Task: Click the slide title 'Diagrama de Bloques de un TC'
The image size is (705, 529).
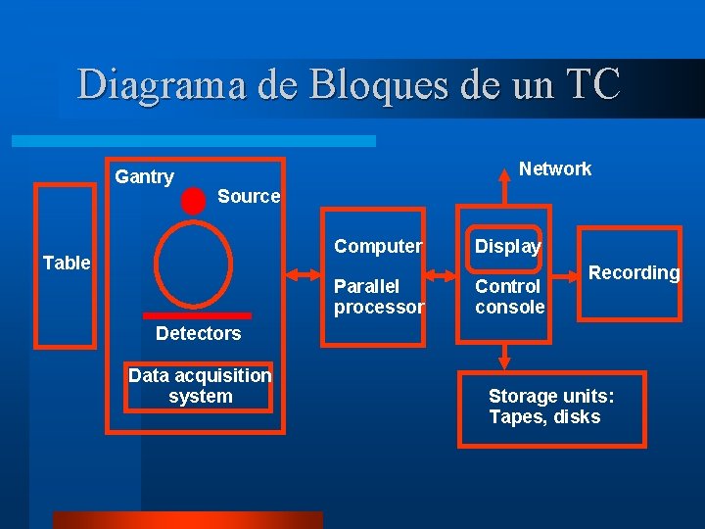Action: (349, 84)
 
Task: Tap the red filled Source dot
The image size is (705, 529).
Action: (194, 200)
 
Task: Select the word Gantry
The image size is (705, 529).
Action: (144, 177)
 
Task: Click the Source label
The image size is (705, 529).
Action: (249, 196)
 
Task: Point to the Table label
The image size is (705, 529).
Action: (67, 263)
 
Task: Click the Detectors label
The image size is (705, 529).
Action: (198, 333)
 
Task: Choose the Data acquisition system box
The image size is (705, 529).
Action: (200, 386)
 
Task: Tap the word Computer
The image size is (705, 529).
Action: (378, 246)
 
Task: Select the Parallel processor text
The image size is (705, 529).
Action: (379, 297)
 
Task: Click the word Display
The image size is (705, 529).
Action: (507, 246)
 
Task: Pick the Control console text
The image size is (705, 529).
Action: (509, 297)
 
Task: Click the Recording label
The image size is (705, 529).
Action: (634, 272)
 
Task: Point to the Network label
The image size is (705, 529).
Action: (554, 168)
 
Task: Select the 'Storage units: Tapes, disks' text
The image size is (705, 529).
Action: (551, 407)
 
